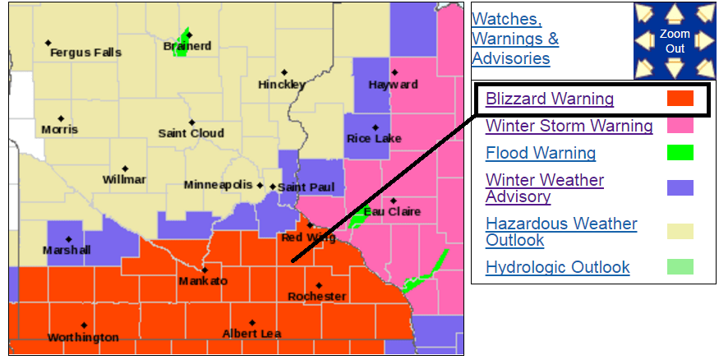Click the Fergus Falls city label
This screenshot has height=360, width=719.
pos(85,53)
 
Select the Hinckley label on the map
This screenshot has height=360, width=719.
pos(282,85)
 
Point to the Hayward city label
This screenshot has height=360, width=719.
pos(393,85)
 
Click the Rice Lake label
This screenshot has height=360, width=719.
pos(375,138)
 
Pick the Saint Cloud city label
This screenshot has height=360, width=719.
pos(191,133)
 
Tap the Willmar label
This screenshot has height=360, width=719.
pos(125,179)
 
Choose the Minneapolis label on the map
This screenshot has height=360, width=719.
pos(219,185)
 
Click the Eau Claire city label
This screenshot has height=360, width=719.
pos(393,211)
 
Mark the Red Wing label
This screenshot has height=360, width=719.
pos(309,238)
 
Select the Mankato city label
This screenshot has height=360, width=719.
pos(203,281)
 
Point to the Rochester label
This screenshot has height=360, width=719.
pos(317,296)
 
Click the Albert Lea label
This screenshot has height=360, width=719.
pos(251,333)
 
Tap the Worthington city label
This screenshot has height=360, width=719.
pos(83,337)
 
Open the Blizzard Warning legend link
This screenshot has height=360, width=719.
pos(550,99)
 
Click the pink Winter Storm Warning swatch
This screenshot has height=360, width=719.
pos(680,126)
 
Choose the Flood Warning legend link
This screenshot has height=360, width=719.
pos(541,153)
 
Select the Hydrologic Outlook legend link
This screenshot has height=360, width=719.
pos(558,267)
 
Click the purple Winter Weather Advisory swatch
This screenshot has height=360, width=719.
pos(680,188)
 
